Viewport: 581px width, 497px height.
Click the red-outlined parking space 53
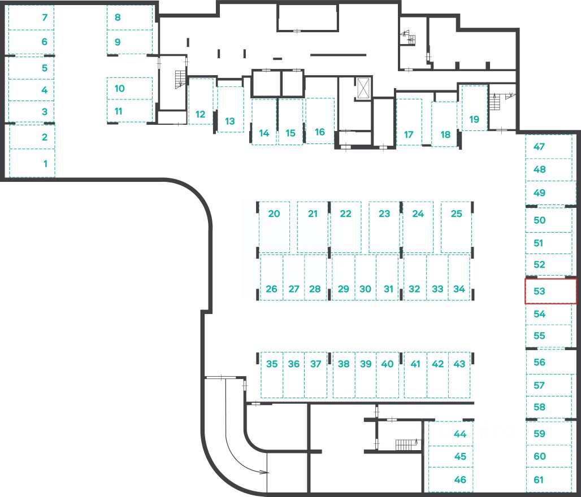[x=550, y=291]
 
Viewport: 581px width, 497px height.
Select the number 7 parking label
[x=45, y=18]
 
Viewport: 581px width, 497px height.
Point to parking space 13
[x=229, y=121]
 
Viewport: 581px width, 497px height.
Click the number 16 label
[x=320, y=132]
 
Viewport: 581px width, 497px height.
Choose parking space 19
[x=474, y=119]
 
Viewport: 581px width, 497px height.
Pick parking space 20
[x=274, y=214]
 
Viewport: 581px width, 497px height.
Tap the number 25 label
[x=457, y=214]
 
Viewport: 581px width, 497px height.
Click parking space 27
[x=293, y=289]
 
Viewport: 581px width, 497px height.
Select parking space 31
[x=388, y=289]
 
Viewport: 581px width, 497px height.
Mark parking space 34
[x=459, y=289]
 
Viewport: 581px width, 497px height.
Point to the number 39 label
[x=366, y=364]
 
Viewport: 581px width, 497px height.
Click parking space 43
[x=459, y=364]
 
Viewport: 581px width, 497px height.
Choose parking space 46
[x=460, y=480]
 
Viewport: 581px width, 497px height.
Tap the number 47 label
[x=539, y=147]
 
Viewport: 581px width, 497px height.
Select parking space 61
[x=539, y=480]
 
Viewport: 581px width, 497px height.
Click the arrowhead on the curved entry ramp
[x=264, y=472]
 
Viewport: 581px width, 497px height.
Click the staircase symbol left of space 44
[x=406, y=444]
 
